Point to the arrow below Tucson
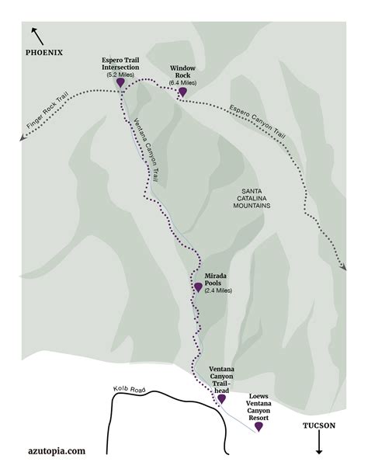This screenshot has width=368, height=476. pos(319,446)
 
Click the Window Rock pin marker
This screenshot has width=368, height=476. pos(182,92)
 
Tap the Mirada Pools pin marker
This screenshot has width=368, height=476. pos(198,287)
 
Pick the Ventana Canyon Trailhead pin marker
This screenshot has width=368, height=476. pos(221,398)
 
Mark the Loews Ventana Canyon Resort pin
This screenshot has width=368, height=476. pos(259,426)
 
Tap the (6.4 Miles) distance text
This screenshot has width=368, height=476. pos(184,82)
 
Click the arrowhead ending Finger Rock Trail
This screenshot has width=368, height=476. pos(26,140)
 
